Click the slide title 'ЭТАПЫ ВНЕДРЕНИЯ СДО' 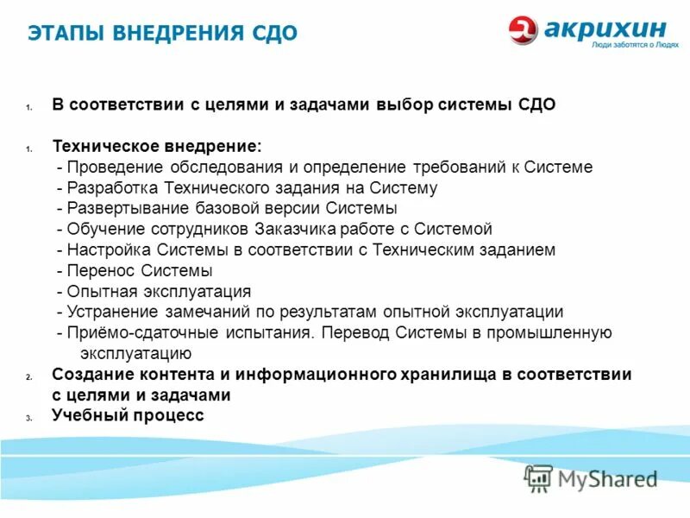pyautogui.click(x=162, y=34)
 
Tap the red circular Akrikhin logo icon pyautogui.click(x=523, y=30)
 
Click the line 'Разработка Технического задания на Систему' pyautogui.click(x=247, y=188)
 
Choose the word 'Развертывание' pyautogui.click(x=117, y=209)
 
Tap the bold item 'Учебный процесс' pyautogui.click(x=128, y=415)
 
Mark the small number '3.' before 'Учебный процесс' pyautogui.click(x=28, y=418)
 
